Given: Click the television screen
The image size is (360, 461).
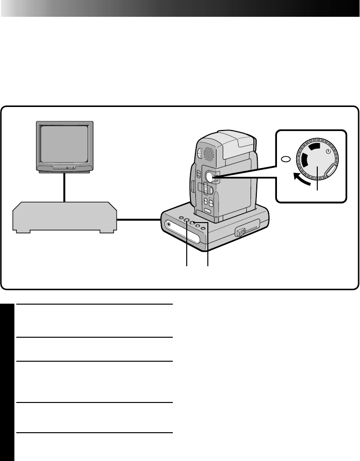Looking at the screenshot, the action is (x=64, y=145).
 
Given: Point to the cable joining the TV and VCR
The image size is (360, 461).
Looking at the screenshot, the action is (x=64, y=187).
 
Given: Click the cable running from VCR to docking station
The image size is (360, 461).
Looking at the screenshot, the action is (x=139, y=220).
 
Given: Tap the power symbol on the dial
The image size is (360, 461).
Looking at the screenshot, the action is (x=328, y=151).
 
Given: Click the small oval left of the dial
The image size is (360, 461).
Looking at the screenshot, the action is (x=286, y=159).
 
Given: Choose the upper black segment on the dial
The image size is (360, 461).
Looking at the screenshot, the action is (x=314, y=146).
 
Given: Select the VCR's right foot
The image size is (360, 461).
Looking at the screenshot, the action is (x=107, y=231).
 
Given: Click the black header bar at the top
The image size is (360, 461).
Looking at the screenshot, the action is (x=180, y=8).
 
